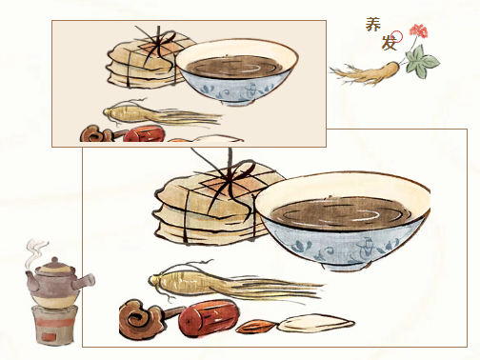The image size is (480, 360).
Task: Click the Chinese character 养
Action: coord(372,25)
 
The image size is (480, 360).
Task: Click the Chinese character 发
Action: coord(389,43)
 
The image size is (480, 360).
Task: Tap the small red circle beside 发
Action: coord(397,36)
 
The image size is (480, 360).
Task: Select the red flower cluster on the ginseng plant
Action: coord(418,30)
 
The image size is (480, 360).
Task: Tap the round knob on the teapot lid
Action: coord(54,261)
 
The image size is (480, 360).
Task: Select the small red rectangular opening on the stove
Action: coord(50,336)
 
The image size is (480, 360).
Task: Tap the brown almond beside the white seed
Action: coord(256,327)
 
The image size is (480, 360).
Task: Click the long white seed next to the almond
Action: coord(316,323)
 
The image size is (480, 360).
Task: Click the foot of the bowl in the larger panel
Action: coord(346,266)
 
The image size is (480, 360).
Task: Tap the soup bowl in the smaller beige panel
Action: coord(237,72)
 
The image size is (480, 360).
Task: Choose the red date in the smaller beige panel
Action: coord(144,134)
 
